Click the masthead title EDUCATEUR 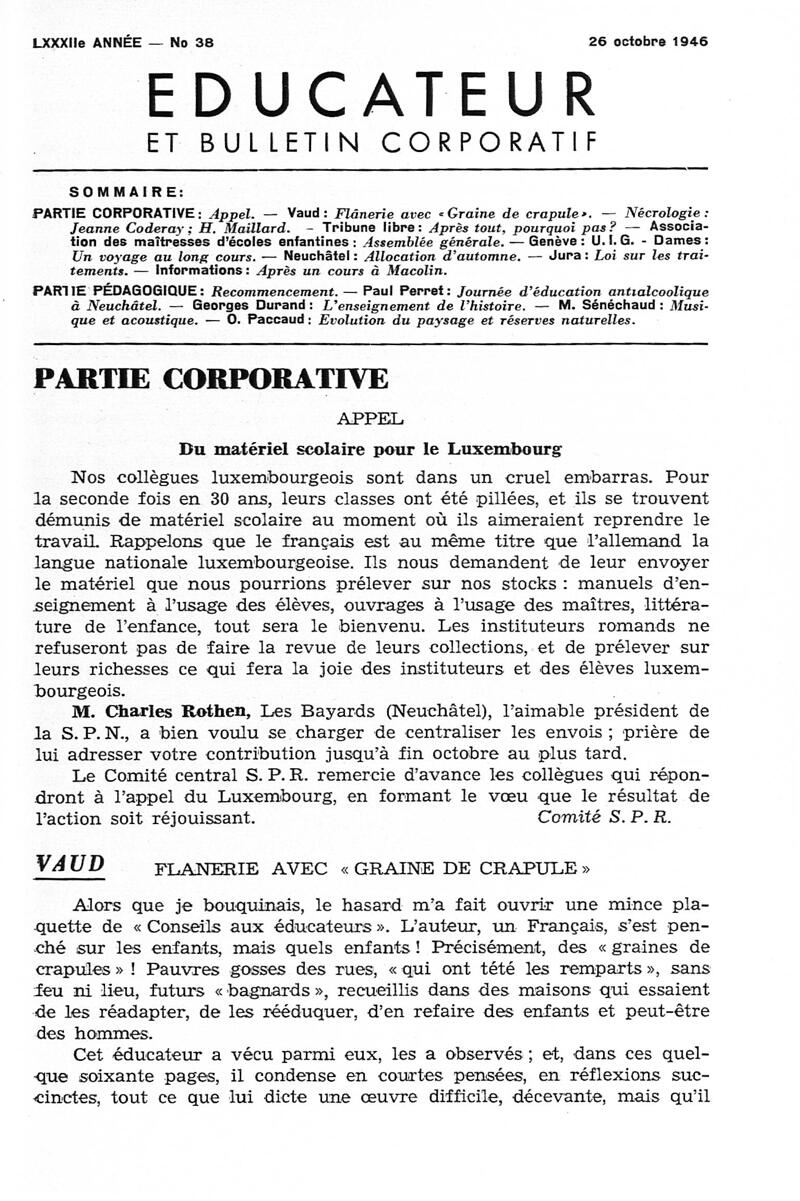point(371,97)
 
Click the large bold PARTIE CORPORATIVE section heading point(211,381)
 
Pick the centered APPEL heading point(371,419)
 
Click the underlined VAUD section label point(69,864)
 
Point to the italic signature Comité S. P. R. point(605,816)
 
